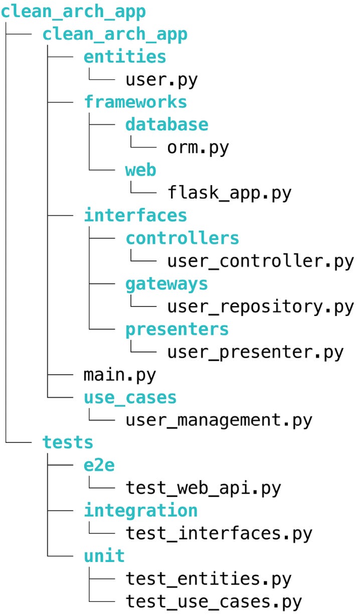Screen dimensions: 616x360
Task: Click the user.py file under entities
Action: [161, 79]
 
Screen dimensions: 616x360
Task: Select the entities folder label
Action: [125, 57]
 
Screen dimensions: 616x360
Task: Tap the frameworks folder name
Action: [135, 102]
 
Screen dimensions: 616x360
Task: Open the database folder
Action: [166, 124]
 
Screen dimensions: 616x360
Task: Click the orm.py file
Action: [198, 147]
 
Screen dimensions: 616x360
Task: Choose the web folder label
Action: [141, 170]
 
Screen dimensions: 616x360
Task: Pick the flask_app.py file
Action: [229, 193]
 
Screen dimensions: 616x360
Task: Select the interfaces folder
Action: [135, 215]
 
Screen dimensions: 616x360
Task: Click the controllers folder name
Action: [182, 238]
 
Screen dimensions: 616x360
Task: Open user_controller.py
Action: [260, 261]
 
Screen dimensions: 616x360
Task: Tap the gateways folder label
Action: [166, 283]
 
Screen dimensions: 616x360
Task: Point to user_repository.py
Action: [260, 306]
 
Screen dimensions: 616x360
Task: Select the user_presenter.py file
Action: [255, 352]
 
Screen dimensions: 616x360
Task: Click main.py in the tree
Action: [120, 374]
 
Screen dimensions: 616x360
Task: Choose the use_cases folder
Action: [130, 397]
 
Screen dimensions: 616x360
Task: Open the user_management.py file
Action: [219, 419]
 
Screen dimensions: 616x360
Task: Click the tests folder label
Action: [68, 442]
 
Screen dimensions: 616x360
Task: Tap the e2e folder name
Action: [99, 465]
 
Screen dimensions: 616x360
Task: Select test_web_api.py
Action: [203, 488]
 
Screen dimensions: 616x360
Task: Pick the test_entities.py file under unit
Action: [208, 578]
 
